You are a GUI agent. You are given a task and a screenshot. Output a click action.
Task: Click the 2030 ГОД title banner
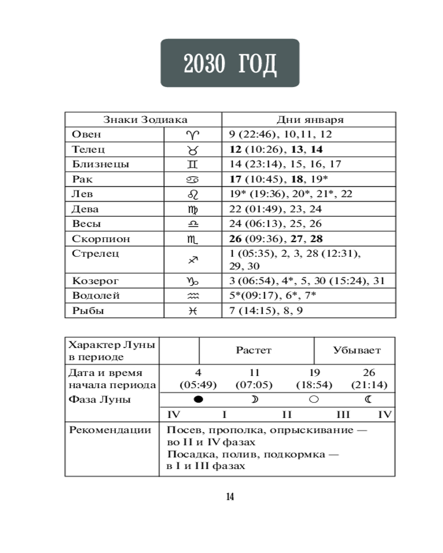coord(230,63)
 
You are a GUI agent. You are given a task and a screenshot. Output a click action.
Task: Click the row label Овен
coord(87,134)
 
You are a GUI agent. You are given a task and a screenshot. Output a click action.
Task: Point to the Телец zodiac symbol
coord(193,149)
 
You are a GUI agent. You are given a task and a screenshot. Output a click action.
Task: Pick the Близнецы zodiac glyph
coord(193,164)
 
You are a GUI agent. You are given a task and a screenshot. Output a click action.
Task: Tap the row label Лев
coord(83,194)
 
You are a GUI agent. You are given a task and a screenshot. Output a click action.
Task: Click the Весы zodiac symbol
coord(193,224)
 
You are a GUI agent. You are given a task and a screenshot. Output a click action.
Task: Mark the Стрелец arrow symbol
coord(193,259)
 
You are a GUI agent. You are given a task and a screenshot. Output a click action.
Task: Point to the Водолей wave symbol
coord(193,296)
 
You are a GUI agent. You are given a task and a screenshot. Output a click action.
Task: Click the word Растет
coord(254,350)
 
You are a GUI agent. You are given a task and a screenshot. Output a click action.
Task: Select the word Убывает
coord(357,350)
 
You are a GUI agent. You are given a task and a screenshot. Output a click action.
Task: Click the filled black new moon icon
coord(198,399)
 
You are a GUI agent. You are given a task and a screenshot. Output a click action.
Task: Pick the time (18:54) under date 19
coord(313,385)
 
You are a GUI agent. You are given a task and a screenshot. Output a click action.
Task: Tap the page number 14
coord(230,497)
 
